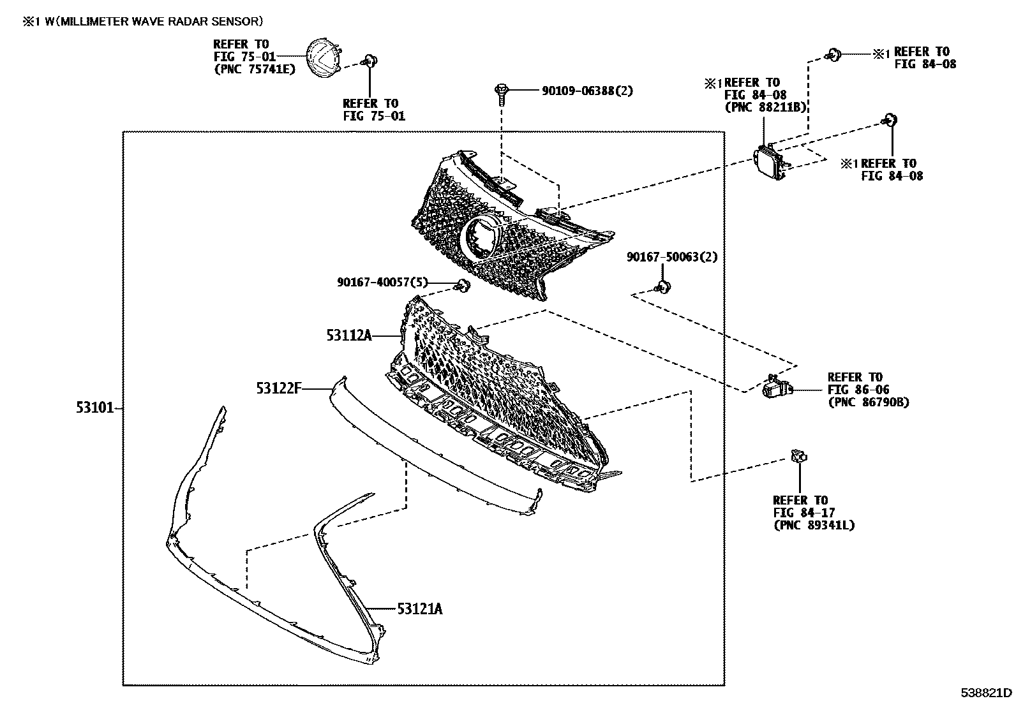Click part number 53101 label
coord(94,408)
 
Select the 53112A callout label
coord(348,335)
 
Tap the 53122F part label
coord(278,387)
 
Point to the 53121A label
coord(419,609)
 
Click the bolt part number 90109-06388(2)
coord(587,91)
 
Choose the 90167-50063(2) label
coord(672,257)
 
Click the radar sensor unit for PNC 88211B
coord(770,161)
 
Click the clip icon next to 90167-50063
coord(662,287)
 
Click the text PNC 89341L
coord(814,525)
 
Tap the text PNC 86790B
coord(868,402)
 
